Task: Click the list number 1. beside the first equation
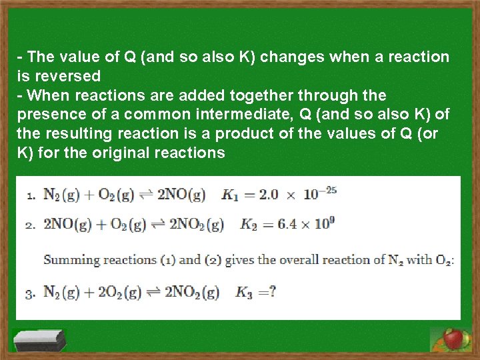click(x=31, y=196)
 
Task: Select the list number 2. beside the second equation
click(x=31, y=225)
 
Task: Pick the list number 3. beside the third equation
click(x=31, y=293)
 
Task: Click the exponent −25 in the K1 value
click(x=327, y=190)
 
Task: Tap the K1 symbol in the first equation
click(x=230, y=195)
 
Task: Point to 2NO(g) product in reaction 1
click(x=178, y=195)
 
